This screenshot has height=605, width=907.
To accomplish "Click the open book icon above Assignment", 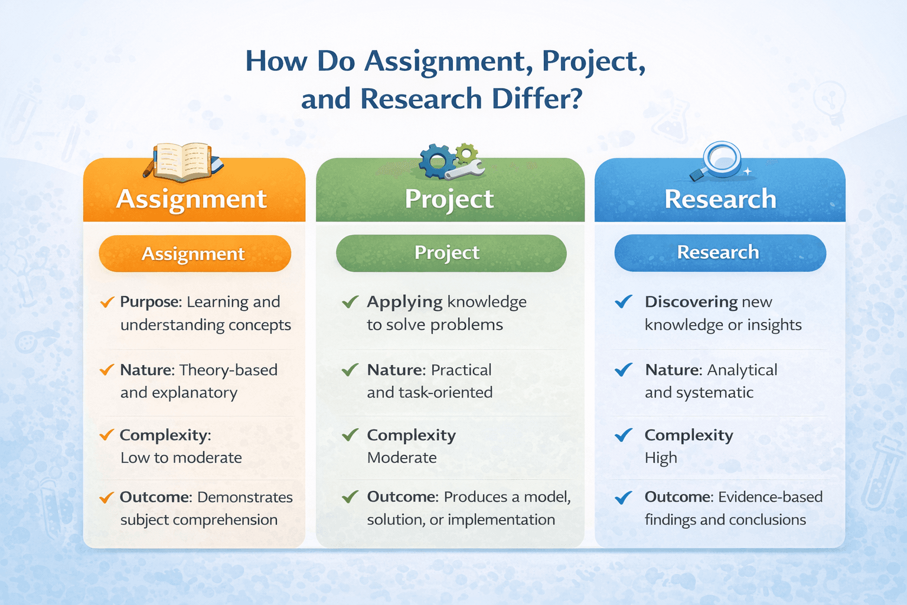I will coord(184,161).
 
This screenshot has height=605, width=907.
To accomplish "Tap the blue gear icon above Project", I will coord(438,161).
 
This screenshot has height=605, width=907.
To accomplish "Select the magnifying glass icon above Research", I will coord(721,158).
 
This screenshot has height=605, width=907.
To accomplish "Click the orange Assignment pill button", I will coord(194,253).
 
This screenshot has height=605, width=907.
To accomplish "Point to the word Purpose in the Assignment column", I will coord(150,302).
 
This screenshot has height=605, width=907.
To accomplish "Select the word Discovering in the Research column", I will coord(691,302).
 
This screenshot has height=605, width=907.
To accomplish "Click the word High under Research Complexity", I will coord(661,458).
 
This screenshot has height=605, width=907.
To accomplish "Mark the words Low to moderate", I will coord(181,458).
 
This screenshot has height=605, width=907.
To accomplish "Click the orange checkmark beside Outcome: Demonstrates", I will coord(107,497).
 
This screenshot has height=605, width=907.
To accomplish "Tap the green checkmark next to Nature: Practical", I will coord(350,370).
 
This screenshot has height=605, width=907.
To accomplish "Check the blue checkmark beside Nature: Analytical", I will coord(624,370).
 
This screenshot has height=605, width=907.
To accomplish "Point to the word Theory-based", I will coord(229,370).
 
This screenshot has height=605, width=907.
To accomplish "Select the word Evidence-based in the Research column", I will coord(770,497).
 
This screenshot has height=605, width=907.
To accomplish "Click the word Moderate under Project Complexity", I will coord(402,458).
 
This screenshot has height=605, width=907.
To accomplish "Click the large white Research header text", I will coord(720,199).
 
